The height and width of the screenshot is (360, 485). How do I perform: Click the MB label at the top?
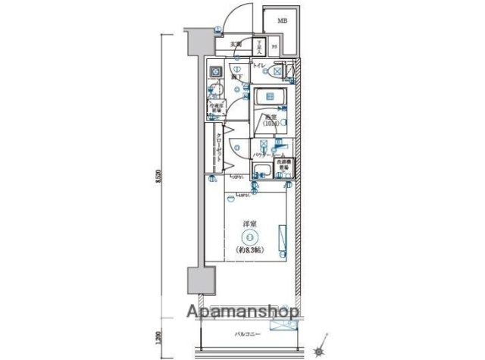[282, 20]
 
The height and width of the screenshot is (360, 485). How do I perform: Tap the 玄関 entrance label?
[236, 44]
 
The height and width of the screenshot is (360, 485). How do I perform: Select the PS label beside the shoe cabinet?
[274, 48]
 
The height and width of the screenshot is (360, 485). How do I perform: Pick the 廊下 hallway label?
[236, 77]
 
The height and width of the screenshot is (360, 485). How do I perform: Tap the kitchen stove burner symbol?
[215, 73]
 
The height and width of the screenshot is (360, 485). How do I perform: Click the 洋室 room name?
[249, 224]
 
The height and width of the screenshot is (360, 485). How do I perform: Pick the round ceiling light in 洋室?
[249, 237]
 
